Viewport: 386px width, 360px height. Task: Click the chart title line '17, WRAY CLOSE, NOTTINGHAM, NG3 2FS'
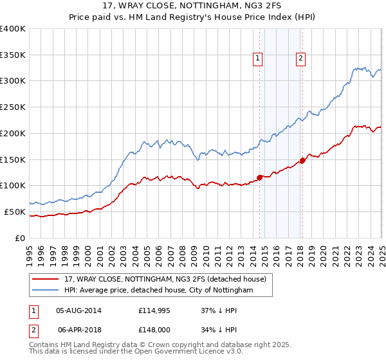click(193, 6)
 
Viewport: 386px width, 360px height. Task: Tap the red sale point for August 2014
click(259, 177)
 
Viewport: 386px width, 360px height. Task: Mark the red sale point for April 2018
click(302, 160)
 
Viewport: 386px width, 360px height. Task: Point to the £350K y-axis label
click(13, 55)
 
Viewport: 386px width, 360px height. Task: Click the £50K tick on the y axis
click(15, 212)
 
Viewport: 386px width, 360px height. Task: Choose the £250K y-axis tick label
click(13, 107)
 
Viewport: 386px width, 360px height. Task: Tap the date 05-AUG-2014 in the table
click(79, 310)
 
